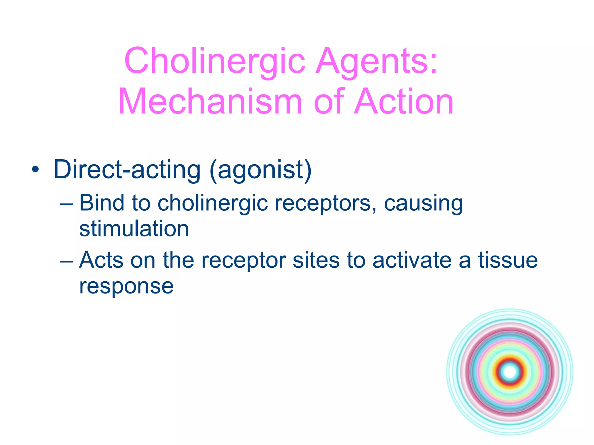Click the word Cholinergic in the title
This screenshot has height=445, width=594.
pos(215,61)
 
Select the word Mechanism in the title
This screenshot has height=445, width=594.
pos(210,102)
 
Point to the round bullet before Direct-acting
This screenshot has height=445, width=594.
pos(35,170)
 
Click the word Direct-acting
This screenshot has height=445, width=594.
pos(127,170)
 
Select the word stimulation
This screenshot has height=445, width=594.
pos(134,229)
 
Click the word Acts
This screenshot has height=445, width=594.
pos(101,260)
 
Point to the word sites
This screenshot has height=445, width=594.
pos(316,260)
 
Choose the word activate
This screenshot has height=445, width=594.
pos(412,260)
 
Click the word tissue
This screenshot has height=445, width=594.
pos(508,260)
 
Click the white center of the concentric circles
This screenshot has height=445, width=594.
pos(510,372)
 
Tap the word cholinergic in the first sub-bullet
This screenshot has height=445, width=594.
pos(213,204)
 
